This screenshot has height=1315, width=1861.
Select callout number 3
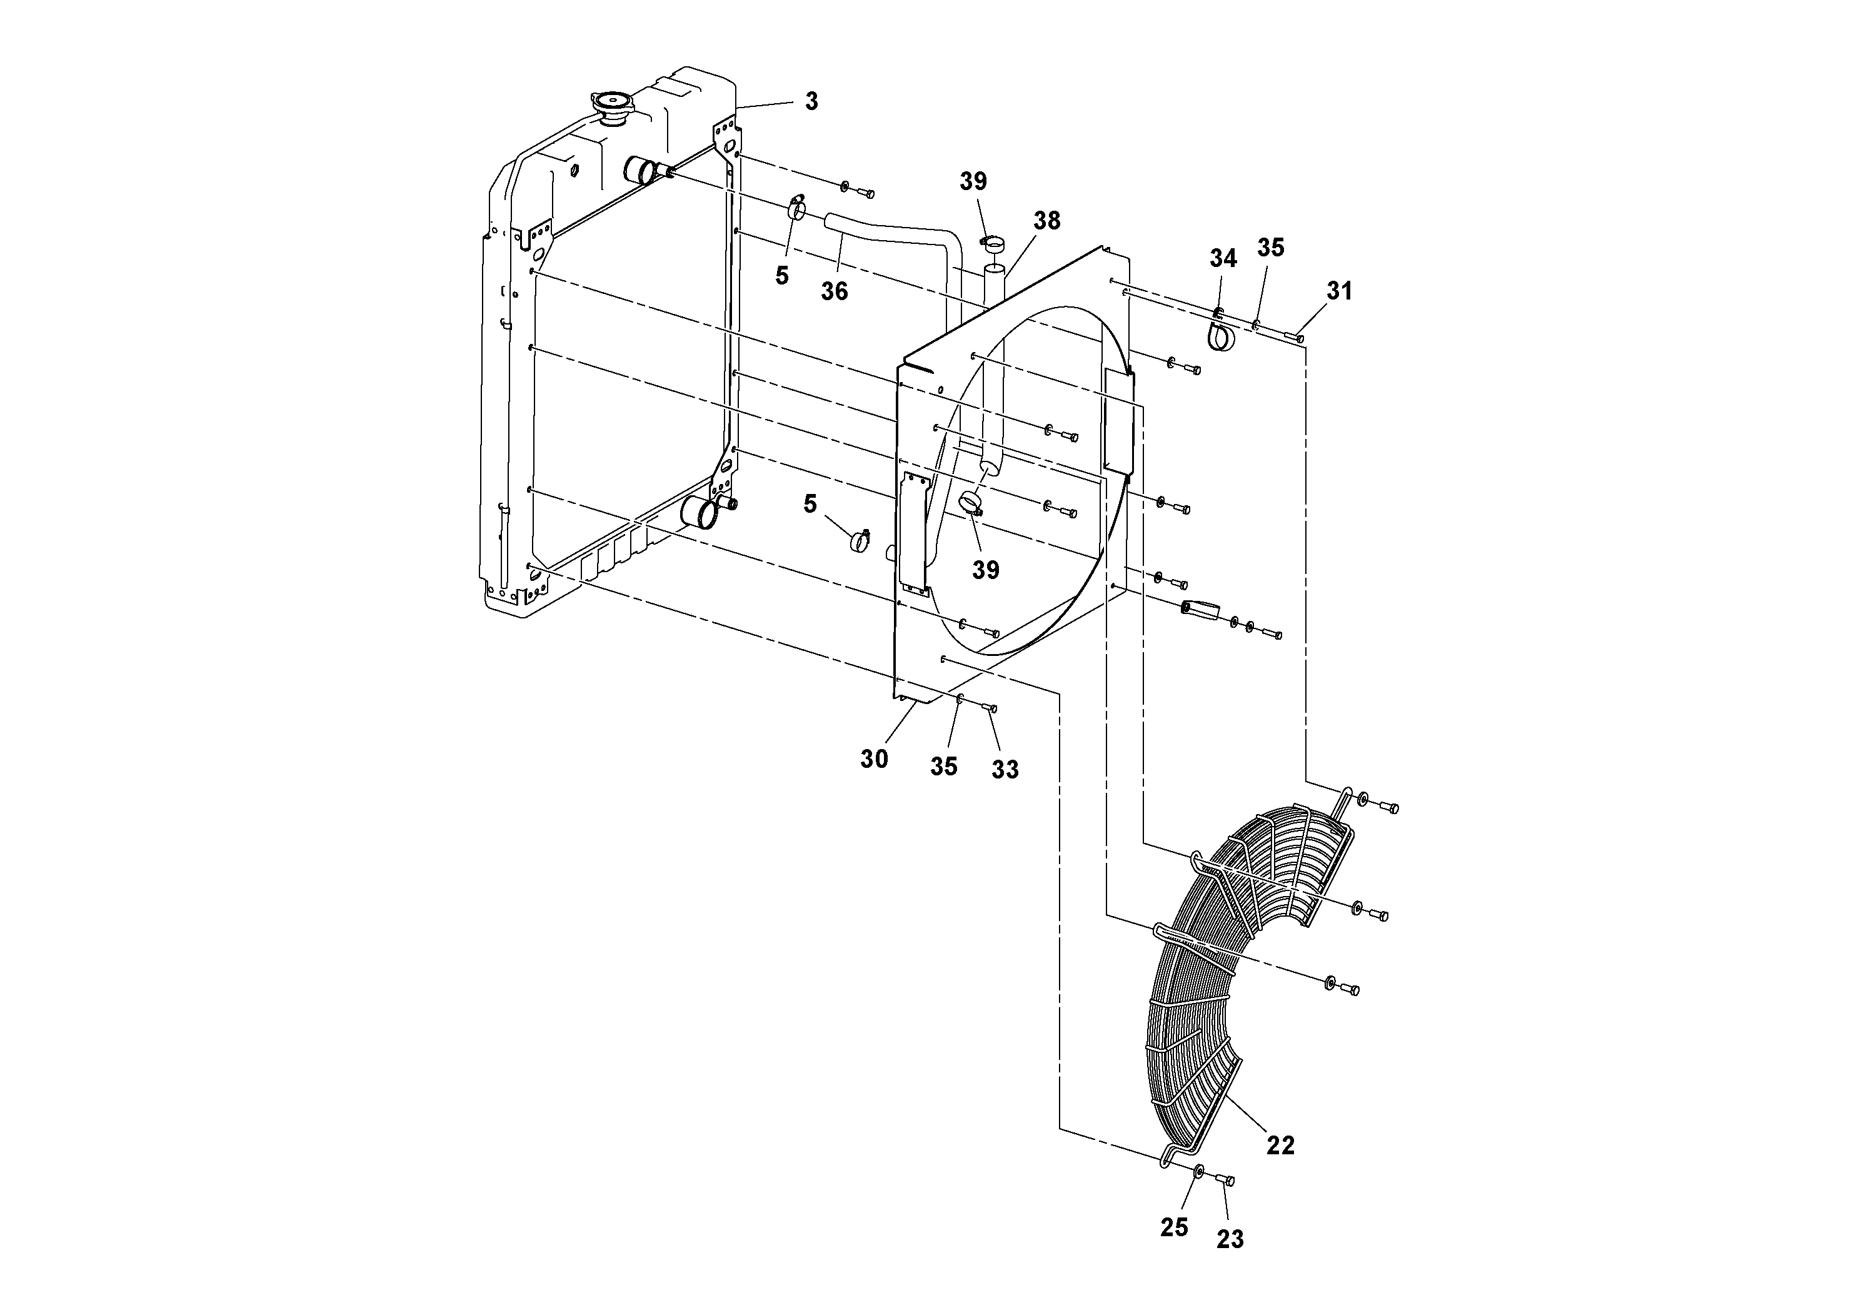811,101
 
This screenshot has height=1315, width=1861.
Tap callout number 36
834,291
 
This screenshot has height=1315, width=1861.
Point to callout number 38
1046,221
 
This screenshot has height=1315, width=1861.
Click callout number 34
1223,259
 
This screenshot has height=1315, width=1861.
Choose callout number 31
1339,290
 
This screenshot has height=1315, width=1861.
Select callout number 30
874,759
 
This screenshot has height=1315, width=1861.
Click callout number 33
1005,769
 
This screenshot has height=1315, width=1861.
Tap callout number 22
1281,1145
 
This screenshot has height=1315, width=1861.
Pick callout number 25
1173,1227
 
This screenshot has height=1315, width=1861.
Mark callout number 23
1230,1239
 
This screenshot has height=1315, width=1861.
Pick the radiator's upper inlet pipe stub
642,172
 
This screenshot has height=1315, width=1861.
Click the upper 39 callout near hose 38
973,181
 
